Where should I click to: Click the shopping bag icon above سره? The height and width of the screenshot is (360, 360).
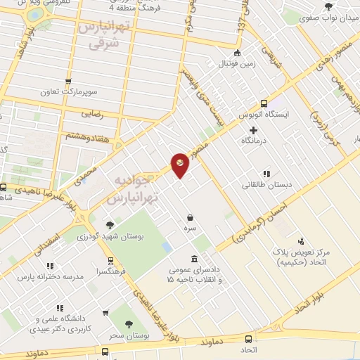(x=191, y=218)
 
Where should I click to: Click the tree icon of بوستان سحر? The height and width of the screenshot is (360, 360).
(x=128, y=323)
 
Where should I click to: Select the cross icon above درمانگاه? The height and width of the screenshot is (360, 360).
(x=254, y=130)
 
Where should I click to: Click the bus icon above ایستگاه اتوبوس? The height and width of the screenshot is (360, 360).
(x=264, y=103)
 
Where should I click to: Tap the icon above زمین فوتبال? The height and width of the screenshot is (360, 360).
(x=237, y=53)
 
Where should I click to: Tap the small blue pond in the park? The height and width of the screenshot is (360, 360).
(x=167, y=247)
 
